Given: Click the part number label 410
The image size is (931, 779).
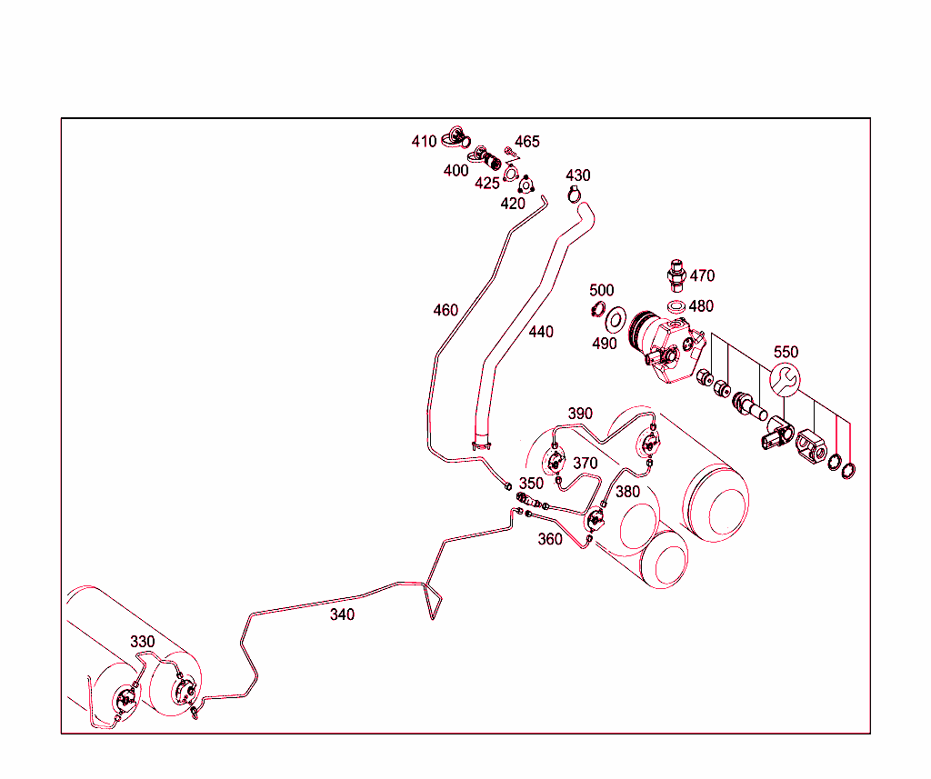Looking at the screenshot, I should [x=424, y=142].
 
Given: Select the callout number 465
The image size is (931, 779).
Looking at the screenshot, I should [x=527, y=142].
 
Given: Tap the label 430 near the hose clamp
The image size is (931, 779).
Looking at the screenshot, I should [x=577, y=175].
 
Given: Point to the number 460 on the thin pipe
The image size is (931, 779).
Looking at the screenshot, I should [x=445, y=311].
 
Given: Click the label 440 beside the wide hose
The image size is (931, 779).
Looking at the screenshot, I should [x=541, y=333].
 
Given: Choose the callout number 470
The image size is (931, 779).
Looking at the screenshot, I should [x=702, y=275].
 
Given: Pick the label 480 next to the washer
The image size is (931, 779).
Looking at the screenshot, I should [x=701, y=306].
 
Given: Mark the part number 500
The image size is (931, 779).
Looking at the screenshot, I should [x=601, y=291].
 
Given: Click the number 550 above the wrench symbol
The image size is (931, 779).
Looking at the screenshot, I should [x=786, y=352].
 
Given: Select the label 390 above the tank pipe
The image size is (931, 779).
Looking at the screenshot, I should [x=580, y=414].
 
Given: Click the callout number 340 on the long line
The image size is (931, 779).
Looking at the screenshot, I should [x=342, y=615].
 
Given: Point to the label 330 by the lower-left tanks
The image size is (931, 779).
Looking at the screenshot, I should [x=143, y=642].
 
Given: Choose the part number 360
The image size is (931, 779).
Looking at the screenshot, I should [x=550, y=539].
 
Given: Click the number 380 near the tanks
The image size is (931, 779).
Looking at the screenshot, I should [x=627, y=492].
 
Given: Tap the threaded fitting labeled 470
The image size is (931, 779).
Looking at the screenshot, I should [x=675, y=272].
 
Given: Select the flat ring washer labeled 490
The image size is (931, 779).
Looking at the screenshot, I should [x=616, y=319].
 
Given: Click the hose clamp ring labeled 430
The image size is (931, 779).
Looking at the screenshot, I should [x=574, y=194].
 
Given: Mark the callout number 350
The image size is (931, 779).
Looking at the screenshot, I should [x=531, y=484].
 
